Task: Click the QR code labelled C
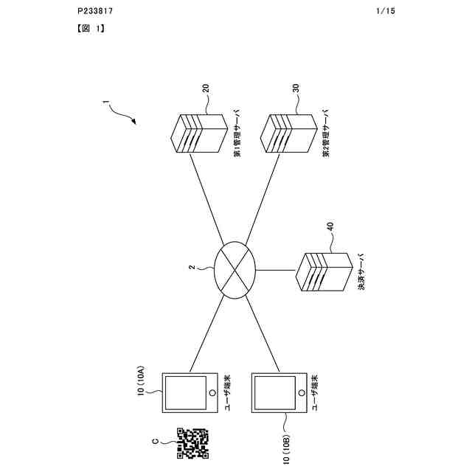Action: pos(192,441)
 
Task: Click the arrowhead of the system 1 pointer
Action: pos(136,120)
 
